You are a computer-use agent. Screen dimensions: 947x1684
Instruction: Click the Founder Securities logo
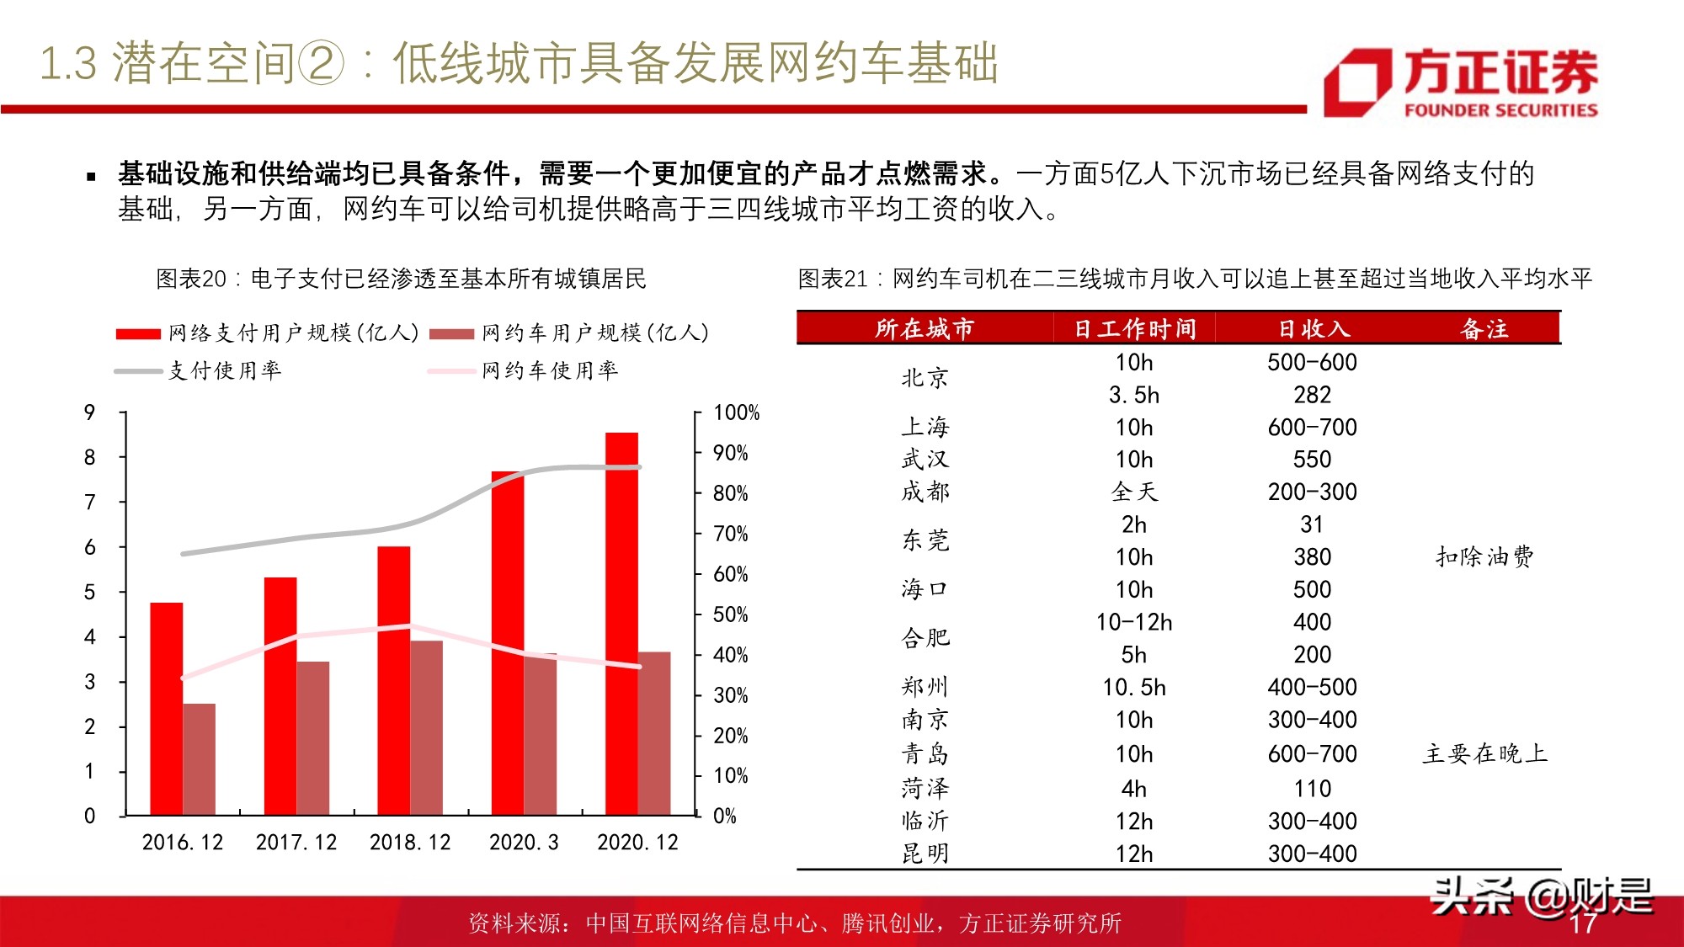pyautogui.click(x=1460, y=82)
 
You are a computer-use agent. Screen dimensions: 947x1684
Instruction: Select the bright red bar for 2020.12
pyautogui.click(x=621, y=623)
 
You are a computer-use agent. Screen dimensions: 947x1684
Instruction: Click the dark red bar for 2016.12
pyautogui.click(x=200, y=758)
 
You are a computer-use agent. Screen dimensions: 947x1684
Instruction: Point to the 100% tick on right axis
pyautogui.click(x=735, y=412)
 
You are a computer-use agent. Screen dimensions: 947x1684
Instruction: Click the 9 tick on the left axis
pyautogui.click(x=90, y=412)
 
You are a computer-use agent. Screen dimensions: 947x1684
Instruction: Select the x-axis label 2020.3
pyautogui.click(x=524, y=842)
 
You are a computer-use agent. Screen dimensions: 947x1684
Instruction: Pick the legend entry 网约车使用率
pyautogui.click(x=549, y=370)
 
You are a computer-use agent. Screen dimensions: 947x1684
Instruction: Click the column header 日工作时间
pyautogui.click(x=1134, y=328)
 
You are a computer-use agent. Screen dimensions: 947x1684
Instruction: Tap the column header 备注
pyautogui.click(x=1484, y=328)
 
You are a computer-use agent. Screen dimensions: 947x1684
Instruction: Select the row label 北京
pyautogui.click(x=925, y=378)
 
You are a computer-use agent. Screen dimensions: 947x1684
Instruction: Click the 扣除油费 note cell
pyautogui.click(x=1484, y=556)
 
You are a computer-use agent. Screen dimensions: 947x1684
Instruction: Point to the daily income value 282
pyautogui.click(x=1312, y=395)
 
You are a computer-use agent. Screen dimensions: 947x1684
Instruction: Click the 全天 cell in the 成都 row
pyautogui.click(x=1134, y=492)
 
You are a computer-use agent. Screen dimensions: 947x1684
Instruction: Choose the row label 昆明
pyautogui.click(x=925, y=854)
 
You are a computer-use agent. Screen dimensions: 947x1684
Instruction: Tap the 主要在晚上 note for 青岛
pyautogui.click(x=1484, y=753)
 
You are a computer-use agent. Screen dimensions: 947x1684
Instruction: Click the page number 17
pyautogui.click(x=1582, y=923)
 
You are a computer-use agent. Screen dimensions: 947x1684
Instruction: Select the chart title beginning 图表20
pyautogui.click(x=401, y=279)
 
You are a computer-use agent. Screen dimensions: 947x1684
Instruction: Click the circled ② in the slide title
pyautogui.click(x=322, y=64)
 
